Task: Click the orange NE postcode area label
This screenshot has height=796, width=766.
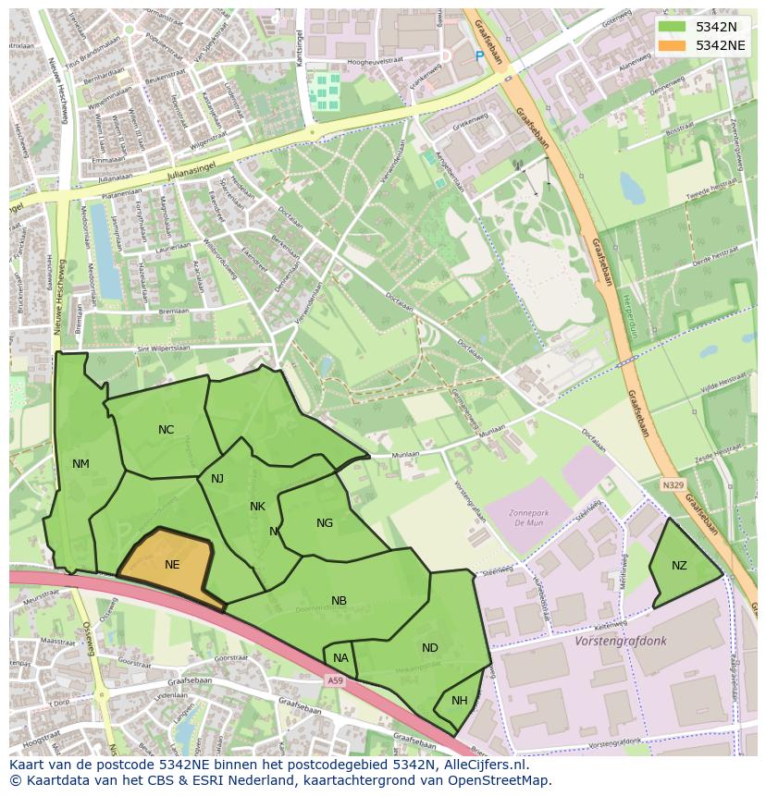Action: pyautogui.click(x=172, y=565)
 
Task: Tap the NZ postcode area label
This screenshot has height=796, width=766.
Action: pyautogui.click(x=679, y=566)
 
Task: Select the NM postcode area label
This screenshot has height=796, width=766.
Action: pyautogui.click(x=80, y=464)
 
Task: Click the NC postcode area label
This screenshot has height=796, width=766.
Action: pyautogui.click(x=166, y=430)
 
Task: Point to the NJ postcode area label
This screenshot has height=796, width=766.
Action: pyautogui.click(x=217, y=479)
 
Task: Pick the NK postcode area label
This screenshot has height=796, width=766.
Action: pyautogui.click(x=257, y=507)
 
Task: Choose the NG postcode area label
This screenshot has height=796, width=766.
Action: pyautogui.click(x=324, y=523)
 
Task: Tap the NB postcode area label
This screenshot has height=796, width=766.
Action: pyautogui.click(x=339, y=601)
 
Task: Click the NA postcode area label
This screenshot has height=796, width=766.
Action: pyautogui.click(x=340, y=658)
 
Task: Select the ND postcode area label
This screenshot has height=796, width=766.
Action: pyautogui.click(x=429, y=648)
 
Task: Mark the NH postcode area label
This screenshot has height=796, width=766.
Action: pyautogui.click(x=459, y=701)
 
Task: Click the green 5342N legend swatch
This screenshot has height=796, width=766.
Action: pyautogui.click(x=672, y=27)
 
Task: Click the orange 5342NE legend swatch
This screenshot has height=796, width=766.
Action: pyautogui.click(x=672, y=45)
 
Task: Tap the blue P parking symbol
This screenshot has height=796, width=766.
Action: pyautogui.click(x=479, y=56)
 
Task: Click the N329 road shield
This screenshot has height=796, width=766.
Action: pyautogui.click(x=673, y=484)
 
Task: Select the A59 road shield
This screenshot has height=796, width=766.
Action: pyautogui.click(x=334, y=681)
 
